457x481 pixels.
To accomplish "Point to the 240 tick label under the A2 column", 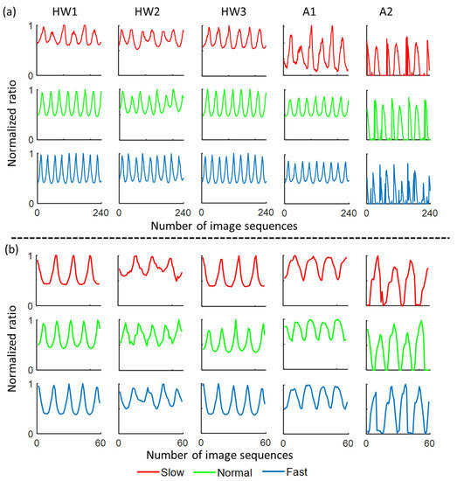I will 430,213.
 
